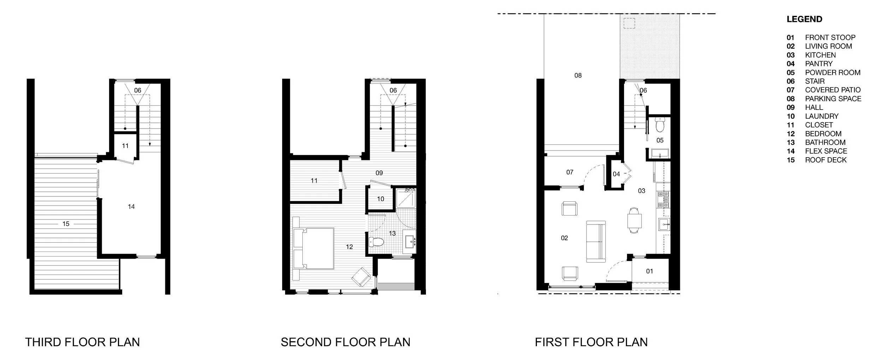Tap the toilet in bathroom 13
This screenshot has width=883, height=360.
(376, 242)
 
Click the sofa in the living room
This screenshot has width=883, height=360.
(596, 242)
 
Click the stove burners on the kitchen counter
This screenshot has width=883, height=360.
(663, 200)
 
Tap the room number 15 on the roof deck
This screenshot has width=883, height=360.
(66, 224)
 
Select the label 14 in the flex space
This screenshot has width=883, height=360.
(131, 207)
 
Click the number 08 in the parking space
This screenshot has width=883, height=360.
(578, 75)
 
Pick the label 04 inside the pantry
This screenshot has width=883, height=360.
(616, 174)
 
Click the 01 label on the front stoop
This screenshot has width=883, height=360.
(650, 271)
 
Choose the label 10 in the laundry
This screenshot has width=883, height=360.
(380, 199)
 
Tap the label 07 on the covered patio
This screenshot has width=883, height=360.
(570, 172)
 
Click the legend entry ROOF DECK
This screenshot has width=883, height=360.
(826, 160)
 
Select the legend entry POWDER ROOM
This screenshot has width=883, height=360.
(832, 72)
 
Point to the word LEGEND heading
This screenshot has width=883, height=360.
(804, 19)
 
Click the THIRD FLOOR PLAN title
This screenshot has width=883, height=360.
(82, 342)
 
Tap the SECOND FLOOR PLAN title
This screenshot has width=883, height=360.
(345, 342)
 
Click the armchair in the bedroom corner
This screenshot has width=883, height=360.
(361, 277)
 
